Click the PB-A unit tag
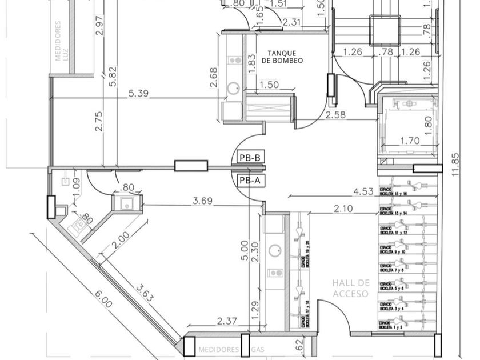(x=250, y=181)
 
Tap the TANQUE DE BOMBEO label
(x=282, y=57)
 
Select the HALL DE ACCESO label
(x=351, y=288)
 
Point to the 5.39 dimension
(x=139, y=93)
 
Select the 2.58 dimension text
(x=335, y=115)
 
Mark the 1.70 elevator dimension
(x=410, y=140)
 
